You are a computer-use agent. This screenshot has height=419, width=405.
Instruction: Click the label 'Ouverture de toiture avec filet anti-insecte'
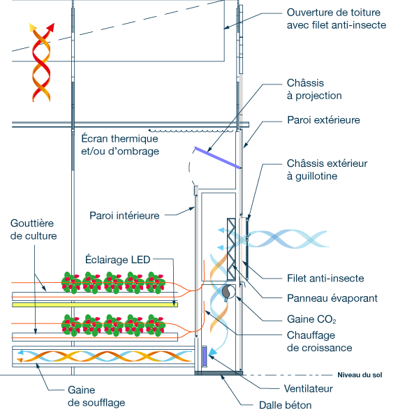(x=337, y=19)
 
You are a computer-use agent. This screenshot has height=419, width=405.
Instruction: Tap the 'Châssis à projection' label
(x=314, y=89)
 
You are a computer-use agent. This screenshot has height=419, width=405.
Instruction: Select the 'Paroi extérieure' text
(x=323, y=120)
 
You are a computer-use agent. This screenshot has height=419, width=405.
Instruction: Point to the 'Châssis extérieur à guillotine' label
(x=327, y=170)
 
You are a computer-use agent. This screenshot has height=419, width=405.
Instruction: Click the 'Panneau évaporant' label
(x=332, y=298)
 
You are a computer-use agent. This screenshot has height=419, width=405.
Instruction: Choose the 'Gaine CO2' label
(x=311, y=319)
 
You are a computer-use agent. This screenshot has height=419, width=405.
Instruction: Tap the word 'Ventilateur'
(x=309, y=389)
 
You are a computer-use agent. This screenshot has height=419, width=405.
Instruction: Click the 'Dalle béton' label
(x=286, y=405)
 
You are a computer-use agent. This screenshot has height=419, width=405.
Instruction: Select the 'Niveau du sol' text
(x=360, y=375)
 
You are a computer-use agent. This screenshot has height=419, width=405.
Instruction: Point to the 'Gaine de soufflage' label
(x=96, y=396)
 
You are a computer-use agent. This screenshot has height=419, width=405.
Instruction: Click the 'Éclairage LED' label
(x=118, y=260)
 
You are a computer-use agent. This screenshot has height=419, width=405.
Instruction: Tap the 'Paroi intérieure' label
(x=124, y=216)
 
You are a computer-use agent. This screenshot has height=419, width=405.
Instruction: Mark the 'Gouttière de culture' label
(x=34, y=230)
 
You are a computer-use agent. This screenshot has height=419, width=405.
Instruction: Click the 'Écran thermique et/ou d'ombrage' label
(x=120, y=145)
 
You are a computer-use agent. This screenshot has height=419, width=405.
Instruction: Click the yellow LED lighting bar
(x=95, y=304)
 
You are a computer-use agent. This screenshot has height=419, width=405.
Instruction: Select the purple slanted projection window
(x=217, y=158)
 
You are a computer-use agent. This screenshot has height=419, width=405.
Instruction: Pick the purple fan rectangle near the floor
(x=205, y=356)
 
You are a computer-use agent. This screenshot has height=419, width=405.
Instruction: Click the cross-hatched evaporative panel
(x=231, y=249)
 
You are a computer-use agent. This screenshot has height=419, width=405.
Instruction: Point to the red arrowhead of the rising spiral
(x=51, y=27)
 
